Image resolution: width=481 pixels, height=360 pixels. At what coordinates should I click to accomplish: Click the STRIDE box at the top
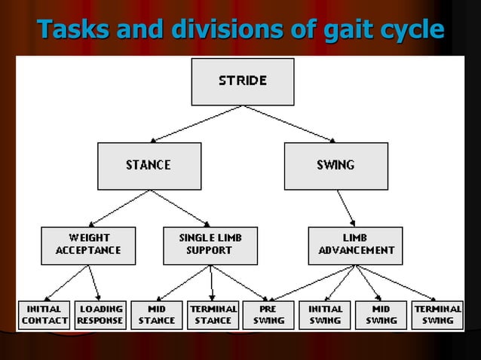242,81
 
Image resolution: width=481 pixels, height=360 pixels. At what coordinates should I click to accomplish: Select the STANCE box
148,165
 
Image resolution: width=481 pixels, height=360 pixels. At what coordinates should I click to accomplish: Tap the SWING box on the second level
335,165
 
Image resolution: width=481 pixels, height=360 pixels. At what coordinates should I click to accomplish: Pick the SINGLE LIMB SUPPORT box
210,245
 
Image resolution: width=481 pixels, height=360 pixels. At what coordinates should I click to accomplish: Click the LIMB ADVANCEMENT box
355,245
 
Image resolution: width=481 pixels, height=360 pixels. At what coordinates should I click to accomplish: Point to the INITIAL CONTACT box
44,315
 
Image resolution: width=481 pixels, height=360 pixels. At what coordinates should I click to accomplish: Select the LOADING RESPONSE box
100,315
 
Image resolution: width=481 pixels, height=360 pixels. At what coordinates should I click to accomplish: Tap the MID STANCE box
156,315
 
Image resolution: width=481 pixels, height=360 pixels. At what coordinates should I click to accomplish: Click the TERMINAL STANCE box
213,315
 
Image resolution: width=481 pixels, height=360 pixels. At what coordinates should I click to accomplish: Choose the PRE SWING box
269,315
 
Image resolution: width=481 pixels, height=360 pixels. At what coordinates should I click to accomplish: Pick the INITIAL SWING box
326,315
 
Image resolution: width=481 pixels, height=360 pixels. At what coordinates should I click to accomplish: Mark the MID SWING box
381,315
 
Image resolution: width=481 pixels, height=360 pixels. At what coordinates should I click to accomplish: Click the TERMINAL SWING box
437,315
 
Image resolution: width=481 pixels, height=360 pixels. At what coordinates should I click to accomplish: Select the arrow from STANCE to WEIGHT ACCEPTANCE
119,206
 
